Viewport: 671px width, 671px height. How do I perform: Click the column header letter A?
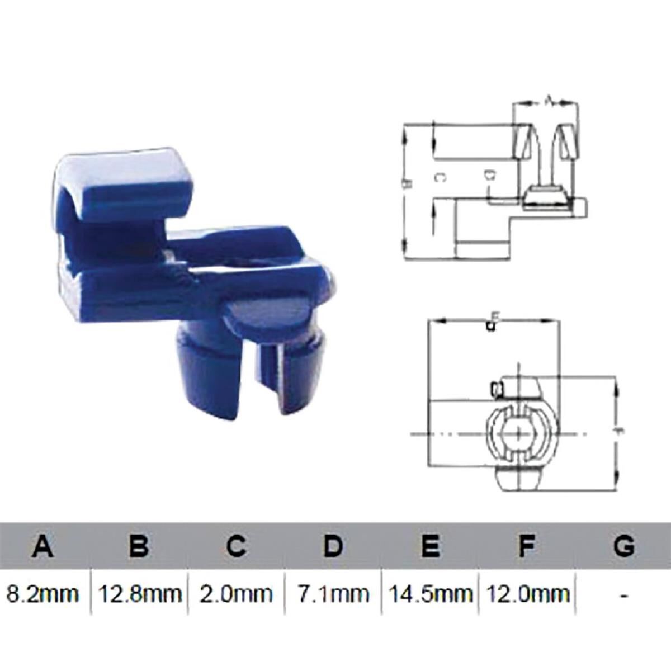(x=42, y=545)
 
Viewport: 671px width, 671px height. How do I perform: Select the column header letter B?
(x=139, y=545)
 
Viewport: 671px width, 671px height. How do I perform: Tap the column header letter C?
(x=236, y=545)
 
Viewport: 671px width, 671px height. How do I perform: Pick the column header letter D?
(x=333, y=545)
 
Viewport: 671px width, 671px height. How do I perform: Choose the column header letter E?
(x=429, y=545)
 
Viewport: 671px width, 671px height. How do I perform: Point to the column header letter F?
(x=526, y=545)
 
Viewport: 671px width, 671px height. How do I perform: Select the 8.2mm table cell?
(x=42, y=593)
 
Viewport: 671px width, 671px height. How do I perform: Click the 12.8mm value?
(x=140, y=593)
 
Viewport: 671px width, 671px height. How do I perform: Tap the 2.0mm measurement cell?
(x=236, y=593)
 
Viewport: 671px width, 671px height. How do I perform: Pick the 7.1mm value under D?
(x=333, y=593)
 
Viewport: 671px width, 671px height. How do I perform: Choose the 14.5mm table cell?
(x=429, y=593)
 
